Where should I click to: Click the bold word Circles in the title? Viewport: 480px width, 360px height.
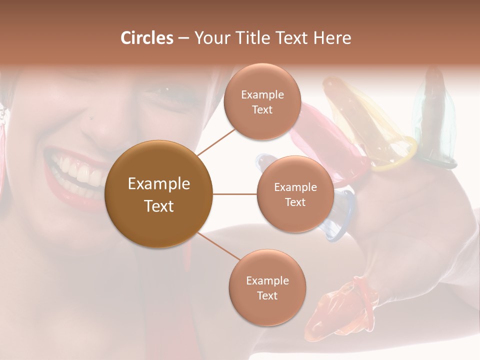pyautogui.click(x=146, y=38)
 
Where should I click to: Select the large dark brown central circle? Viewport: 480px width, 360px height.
pyautogui.click(x=159, y=194)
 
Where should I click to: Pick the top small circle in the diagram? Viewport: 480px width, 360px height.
pyautogui.click(x=262, y=102)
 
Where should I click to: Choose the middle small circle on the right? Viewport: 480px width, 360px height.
pyautogui.click(x=295, y=194)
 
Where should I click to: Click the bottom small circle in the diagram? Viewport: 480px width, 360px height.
pyautogui.click(x=267, y=287)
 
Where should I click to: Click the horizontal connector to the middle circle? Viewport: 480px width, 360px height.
pyautogui.click(x=234, y=194)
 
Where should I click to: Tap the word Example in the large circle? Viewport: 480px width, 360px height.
pyautogui.click(x=159, y=184)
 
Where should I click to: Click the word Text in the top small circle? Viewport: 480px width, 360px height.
pyautogui.click(x=262, y=109)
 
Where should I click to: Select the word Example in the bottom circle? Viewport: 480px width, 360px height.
pyautogui.click(x=267, y=280)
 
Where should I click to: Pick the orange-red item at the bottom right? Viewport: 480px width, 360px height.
pyautogui.click(x=340, y=310)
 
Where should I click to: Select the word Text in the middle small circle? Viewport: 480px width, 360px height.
pyautogui.click(x=295, y=202)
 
